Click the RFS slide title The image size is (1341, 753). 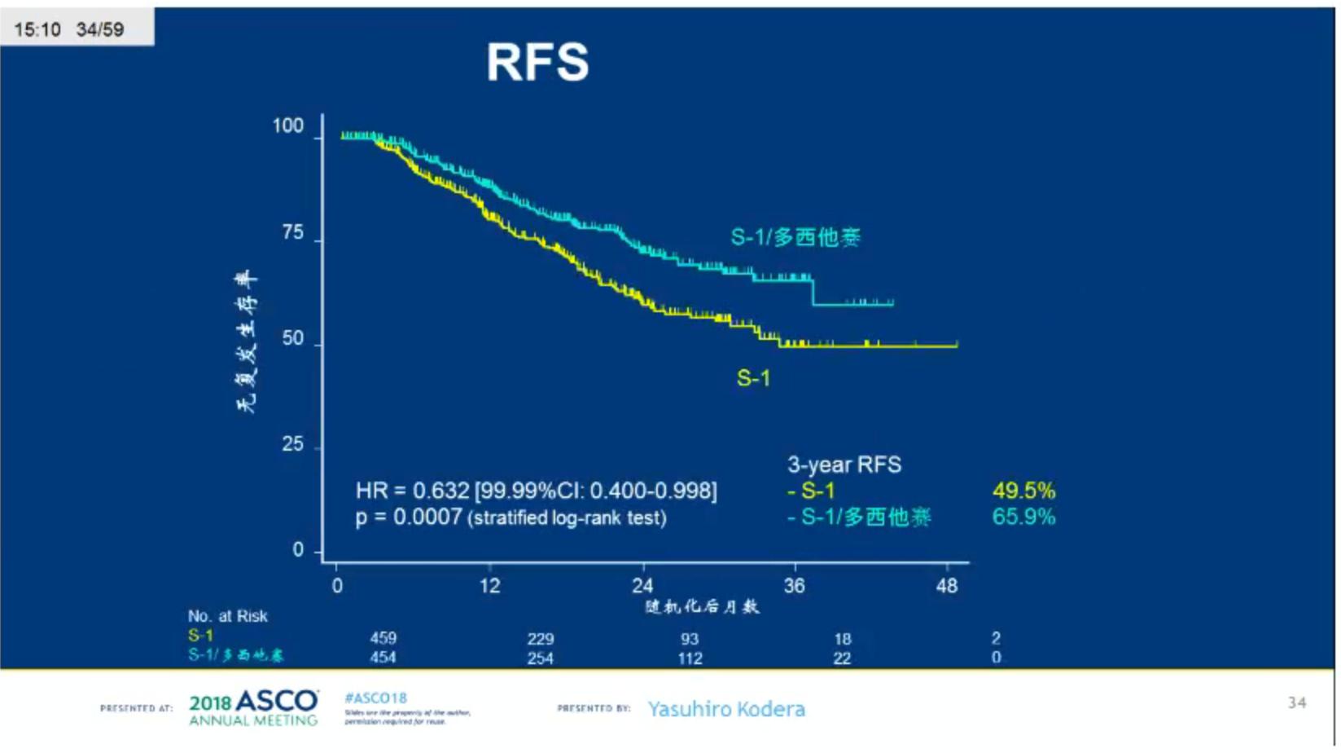tap(537, 63)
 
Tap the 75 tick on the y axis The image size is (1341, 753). tap(293, 233)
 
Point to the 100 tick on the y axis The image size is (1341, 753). tap(287, 126)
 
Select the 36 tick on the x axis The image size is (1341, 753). tap(794, 586)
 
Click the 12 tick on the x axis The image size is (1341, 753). tap(489, 586)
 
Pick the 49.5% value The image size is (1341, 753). tap(1023, 491)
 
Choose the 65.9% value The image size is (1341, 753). tap(1023, 517)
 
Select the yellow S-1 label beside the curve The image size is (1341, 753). tap(753, 378)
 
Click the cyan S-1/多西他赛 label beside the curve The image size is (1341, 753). tap(795, 237)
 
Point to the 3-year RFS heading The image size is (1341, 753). tap(844, 465)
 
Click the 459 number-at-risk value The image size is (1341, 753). tap(383, 638)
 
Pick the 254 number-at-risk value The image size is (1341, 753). tap(540, 658)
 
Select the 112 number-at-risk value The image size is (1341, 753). tap(690, 658)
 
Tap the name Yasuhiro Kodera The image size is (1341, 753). tap(726, 709)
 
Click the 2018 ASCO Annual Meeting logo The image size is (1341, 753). tap(253, 708)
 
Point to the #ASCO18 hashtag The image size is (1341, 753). tap(375, 698)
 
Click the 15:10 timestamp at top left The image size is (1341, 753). tap(37, 30)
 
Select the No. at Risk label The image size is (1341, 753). tap(227, 616)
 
